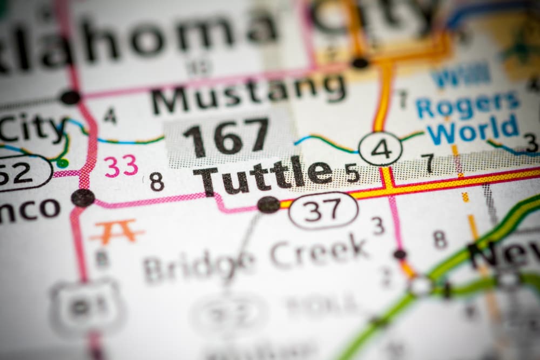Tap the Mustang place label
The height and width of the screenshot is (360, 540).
pyautogui.click(x=248, y=92)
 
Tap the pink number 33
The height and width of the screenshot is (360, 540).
pyautogui.click(x=121, y=166)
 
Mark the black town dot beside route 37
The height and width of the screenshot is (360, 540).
pyautogui.click(x=268, y=204)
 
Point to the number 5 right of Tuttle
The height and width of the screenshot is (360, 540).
pyautogui.click(x=352, y=173)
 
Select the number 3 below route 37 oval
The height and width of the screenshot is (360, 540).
pyautogui.click(x=378, y=226)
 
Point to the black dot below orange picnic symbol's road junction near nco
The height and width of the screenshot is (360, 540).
pyautogui.click(x=83, y=198)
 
